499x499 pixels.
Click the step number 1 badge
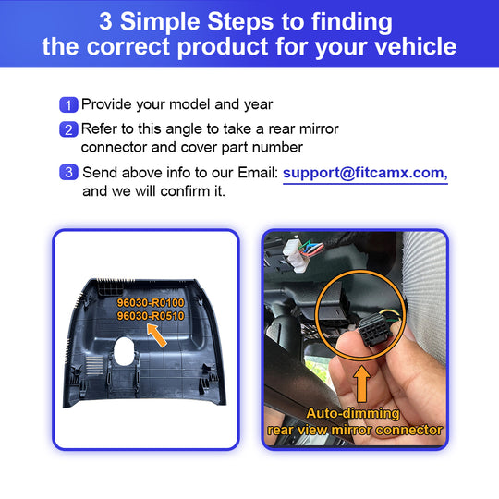click(x=68, y=104)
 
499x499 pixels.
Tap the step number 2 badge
click(x=68, y=129)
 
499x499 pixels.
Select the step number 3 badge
click(x=68, y=172)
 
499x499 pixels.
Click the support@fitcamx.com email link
click(x=365, y=174)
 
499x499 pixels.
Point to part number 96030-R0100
click(x=151, y=302)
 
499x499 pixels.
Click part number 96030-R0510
click(x=151, y=316)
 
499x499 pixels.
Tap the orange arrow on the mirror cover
click(x=156, y=335)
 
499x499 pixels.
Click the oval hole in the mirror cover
click(x=124, y=351)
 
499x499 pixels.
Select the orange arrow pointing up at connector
click(x=362, y=383)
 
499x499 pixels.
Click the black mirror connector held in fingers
click(x=373, y=330)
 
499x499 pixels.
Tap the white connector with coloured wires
click(x=296, y=256)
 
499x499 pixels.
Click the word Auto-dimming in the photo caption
click(x=353, y=413)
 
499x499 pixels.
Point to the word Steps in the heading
click(x=240, y=21)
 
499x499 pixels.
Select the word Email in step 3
click(x=258, y=173)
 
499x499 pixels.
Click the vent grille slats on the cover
click(x=94, y=365)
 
